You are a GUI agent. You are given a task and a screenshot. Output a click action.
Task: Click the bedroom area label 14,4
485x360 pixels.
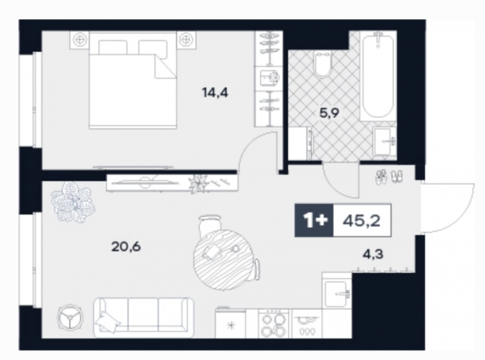click(215, 93)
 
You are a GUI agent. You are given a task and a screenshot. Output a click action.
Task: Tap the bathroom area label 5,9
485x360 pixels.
click(329, 113)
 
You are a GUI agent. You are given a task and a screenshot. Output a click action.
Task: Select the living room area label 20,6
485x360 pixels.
click(126, 246)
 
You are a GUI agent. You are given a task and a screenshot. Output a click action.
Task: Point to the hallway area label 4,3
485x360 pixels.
click(373, 254)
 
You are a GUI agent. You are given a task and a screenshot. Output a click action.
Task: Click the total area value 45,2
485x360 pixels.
click(362, 221)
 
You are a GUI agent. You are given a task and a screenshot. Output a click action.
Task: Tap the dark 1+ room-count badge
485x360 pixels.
click(315, 221)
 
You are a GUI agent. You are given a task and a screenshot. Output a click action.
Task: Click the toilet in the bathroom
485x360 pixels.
click(323, 62)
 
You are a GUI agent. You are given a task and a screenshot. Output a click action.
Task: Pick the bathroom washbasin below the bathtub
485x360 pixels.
click(384, 141)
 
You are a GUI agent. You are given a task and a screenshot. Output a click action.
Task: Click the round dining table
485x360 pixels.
click(223, 260)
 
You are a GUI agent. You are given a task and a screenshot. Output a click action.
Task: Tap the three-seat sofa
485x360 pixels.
click(143, 318)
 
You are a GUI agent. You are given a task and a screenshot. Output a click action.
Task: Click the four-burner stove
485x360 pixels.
click(274, 324)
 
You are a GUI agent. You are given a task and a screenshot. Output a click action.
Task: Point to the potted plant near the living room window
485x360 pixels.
click(73, 202)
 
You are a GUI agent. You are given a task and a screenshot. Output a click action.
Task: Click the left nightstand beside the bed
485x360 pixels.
click(80, 40)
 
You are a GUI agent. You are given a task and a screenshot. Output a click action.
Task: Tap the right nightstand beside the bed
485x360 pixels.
click(186, 40)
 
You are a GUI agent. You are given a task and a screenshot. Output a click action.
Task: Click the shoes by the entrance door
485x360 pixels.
click(389, 177)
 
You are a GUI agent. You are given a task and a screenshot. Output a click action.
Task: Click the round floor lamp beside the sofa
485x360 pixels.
click(70, 318)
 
